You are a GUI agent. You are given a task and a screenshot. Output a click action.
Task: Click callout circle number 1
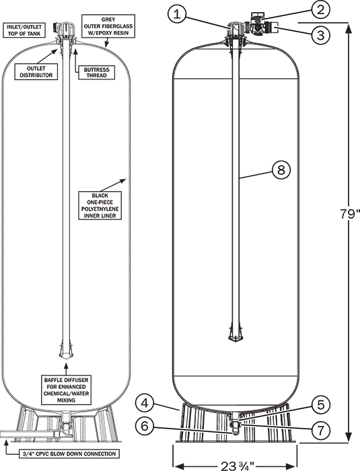[x=177, y=14]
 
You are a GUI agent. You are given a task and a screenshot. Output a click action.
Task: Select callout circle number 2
[x=320, y=9]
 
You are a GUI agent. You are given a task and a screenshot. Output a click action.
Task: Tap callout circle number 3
[x=320, y=35]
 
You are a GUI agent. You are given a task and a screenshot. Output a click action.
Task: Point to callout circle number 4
[x=145, y=403]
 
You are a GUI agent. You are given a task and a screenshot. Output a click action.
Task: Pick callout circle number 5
[x=320, y=404]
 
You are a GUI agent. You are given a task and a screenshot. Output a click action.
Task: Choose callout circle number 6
[x=145, y=426]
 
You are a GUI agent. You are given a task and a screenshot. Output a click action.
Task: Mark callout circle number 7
[x=320, y=430]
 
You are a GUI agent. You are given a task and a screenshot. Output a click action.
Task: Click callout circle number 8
[x=281, y=170]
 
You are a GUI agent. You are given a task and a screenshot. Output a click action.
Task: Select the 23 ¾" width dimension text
[x=238, y=465]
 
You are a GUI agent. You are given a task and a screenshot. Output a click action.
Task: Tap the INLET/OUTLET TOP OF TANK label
[x=25, y=30]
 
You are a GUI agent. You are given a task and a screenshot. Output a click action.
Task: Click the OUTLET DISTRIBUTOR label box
[x=36, y=72]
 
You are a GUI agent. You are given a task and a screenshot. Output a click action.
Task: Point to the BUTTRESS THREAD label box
[x=97, y=73]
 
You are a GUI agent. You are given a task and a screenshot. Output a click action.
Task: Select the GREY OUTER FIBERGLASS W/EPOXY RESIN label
[x=108, y=26]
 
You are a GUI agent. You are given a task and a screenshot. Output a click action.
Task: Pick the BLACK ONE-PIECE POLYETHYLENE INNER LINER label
[x=100, y=205]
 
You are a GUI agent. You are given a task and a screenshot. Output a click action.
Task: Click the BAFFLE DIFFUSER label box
[x=67, y=390]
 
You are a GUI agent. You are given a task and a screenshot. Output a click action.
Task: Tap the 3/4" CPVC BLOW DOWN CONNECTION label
[x=69, y=454]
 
